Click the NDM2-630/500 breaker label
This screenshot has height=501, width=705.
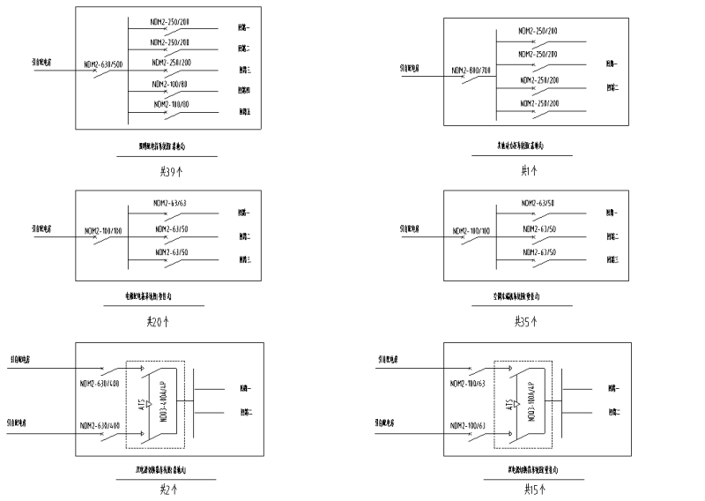click(x=104, y=64)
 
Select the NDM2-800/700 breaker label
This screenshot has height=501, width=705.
click(x=471, y=70)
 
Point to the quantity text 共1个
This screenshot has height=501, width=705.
click(x=529, y=170)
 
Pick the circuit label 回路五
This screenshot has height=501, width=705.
click(x=244, y=112)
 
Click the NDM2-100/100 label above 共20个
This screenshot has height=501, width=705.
click(x=103, y=231)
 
